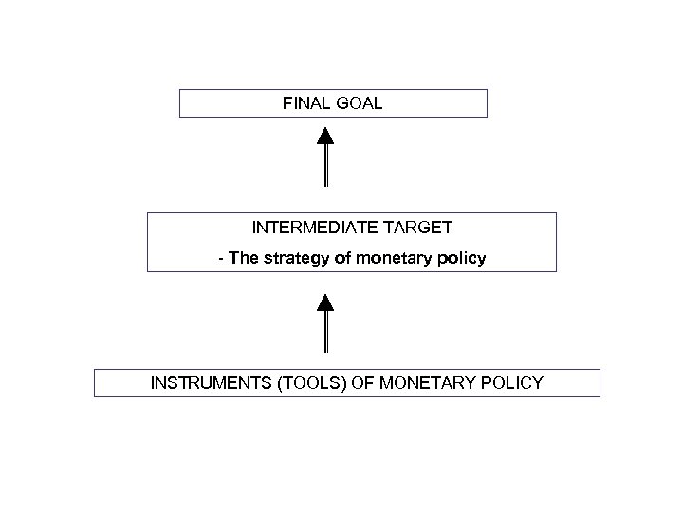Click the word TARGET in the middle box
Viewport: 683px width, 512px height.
420,228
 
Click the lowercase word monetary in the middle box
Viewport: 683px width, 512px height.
390,258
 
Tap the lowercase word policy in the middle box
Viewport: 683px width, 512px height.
460,258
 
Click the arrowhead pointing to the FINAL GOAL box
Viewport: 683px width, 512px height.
324,132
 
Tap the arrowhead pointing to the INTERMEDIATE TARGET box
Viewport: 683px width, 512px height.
324,302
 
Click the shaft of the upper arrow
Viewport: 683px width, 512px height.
324,166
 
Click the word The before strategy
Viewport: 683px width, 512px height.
243,258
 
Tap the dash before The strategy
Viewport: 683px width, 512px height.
221,259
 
